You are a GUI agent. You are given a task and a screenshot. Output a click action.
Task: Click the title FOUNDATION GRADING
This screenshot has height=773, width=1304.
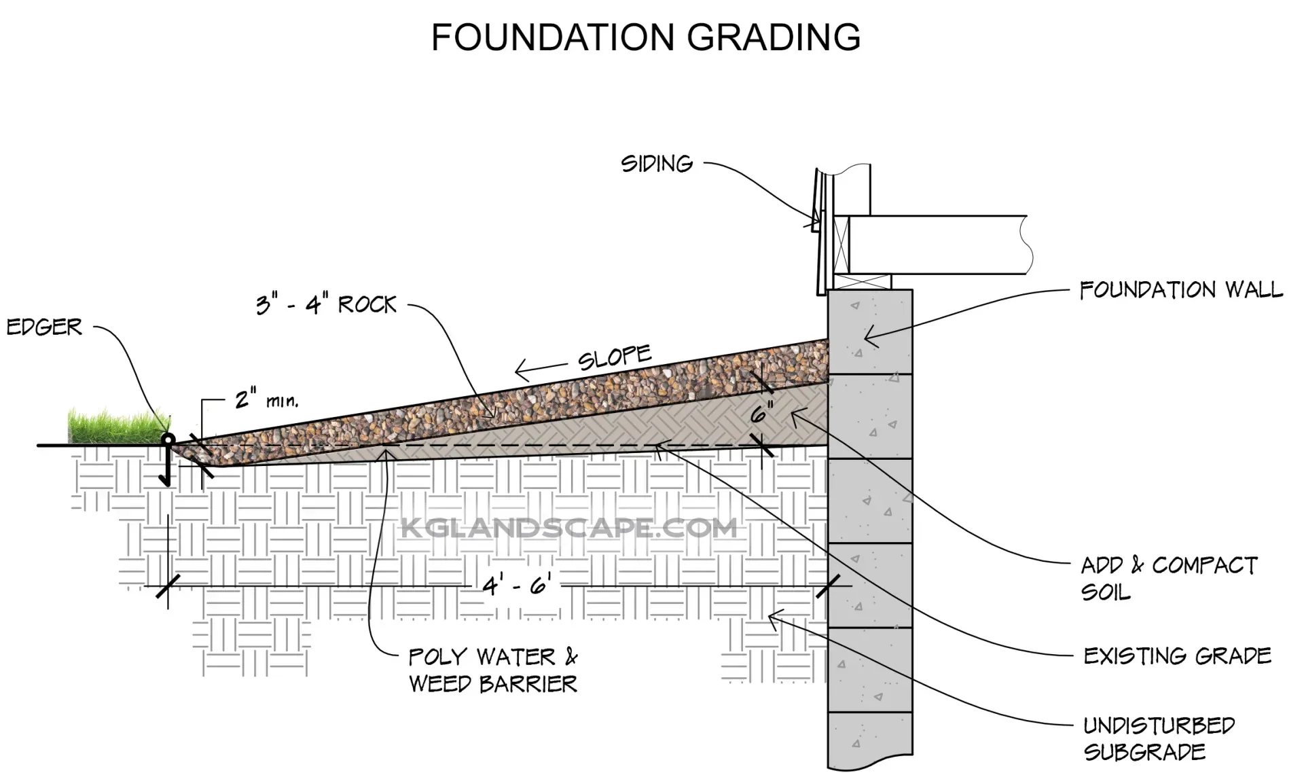pos(646,37)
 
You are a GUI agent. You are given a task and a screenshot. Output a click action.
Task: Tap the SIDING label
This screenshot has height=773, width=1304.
pos(657,164)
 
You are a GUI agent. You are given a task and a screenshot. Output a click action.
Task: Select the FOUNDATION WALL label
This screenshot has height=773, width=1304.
pos(1181,291)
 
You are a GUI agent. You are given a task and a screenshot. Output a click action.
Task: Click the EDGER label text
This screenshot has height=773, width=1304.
pos(44,327)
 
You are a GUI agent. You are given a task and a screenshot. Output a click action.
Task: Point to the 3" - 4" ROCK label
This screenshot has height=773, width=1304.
pos(326,305)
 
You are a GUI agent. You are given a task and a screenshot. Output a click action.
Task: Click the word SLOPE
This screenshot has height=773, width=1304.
pos(614,357)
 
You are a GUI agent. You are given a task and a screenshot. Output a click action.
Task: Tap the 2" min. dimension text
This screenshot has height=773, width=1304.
pos(266,399)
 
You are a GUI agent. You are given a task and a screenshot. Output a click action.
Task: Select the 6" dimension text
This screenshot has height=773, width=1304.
pos(762,413)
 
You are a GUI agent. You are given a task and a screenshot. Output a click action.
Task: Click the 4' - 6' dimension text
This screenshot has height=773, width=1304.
pos(517,585)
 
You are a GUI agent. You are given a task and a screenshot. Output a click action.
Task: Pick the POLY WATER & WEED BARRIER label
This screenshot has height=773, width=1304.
pos(493,670)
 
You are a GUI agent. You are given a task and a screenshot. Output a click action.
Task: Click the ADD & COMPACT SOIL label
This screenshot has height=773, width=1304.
pos(1168,578)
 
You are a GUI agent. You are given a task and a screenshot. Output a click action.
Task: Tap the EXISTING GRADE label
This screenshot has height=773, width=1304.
pos(1177,656)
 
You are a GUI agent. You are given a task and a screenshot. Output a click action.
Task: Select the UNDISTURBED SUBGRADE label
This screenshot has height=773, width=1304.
pos(1159,738)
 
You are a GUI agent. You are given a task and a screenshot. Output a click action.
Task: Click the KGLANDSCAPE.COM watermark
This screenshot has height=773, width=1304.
pos(568,528)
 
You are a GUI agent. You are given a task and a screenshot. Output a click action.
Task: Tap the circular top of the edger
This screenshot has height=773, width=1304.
pos(168,439)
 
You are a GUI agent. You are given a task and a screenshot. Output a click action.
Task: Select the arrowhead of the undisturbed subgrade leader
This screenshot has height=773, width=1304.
pos(771,614)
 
